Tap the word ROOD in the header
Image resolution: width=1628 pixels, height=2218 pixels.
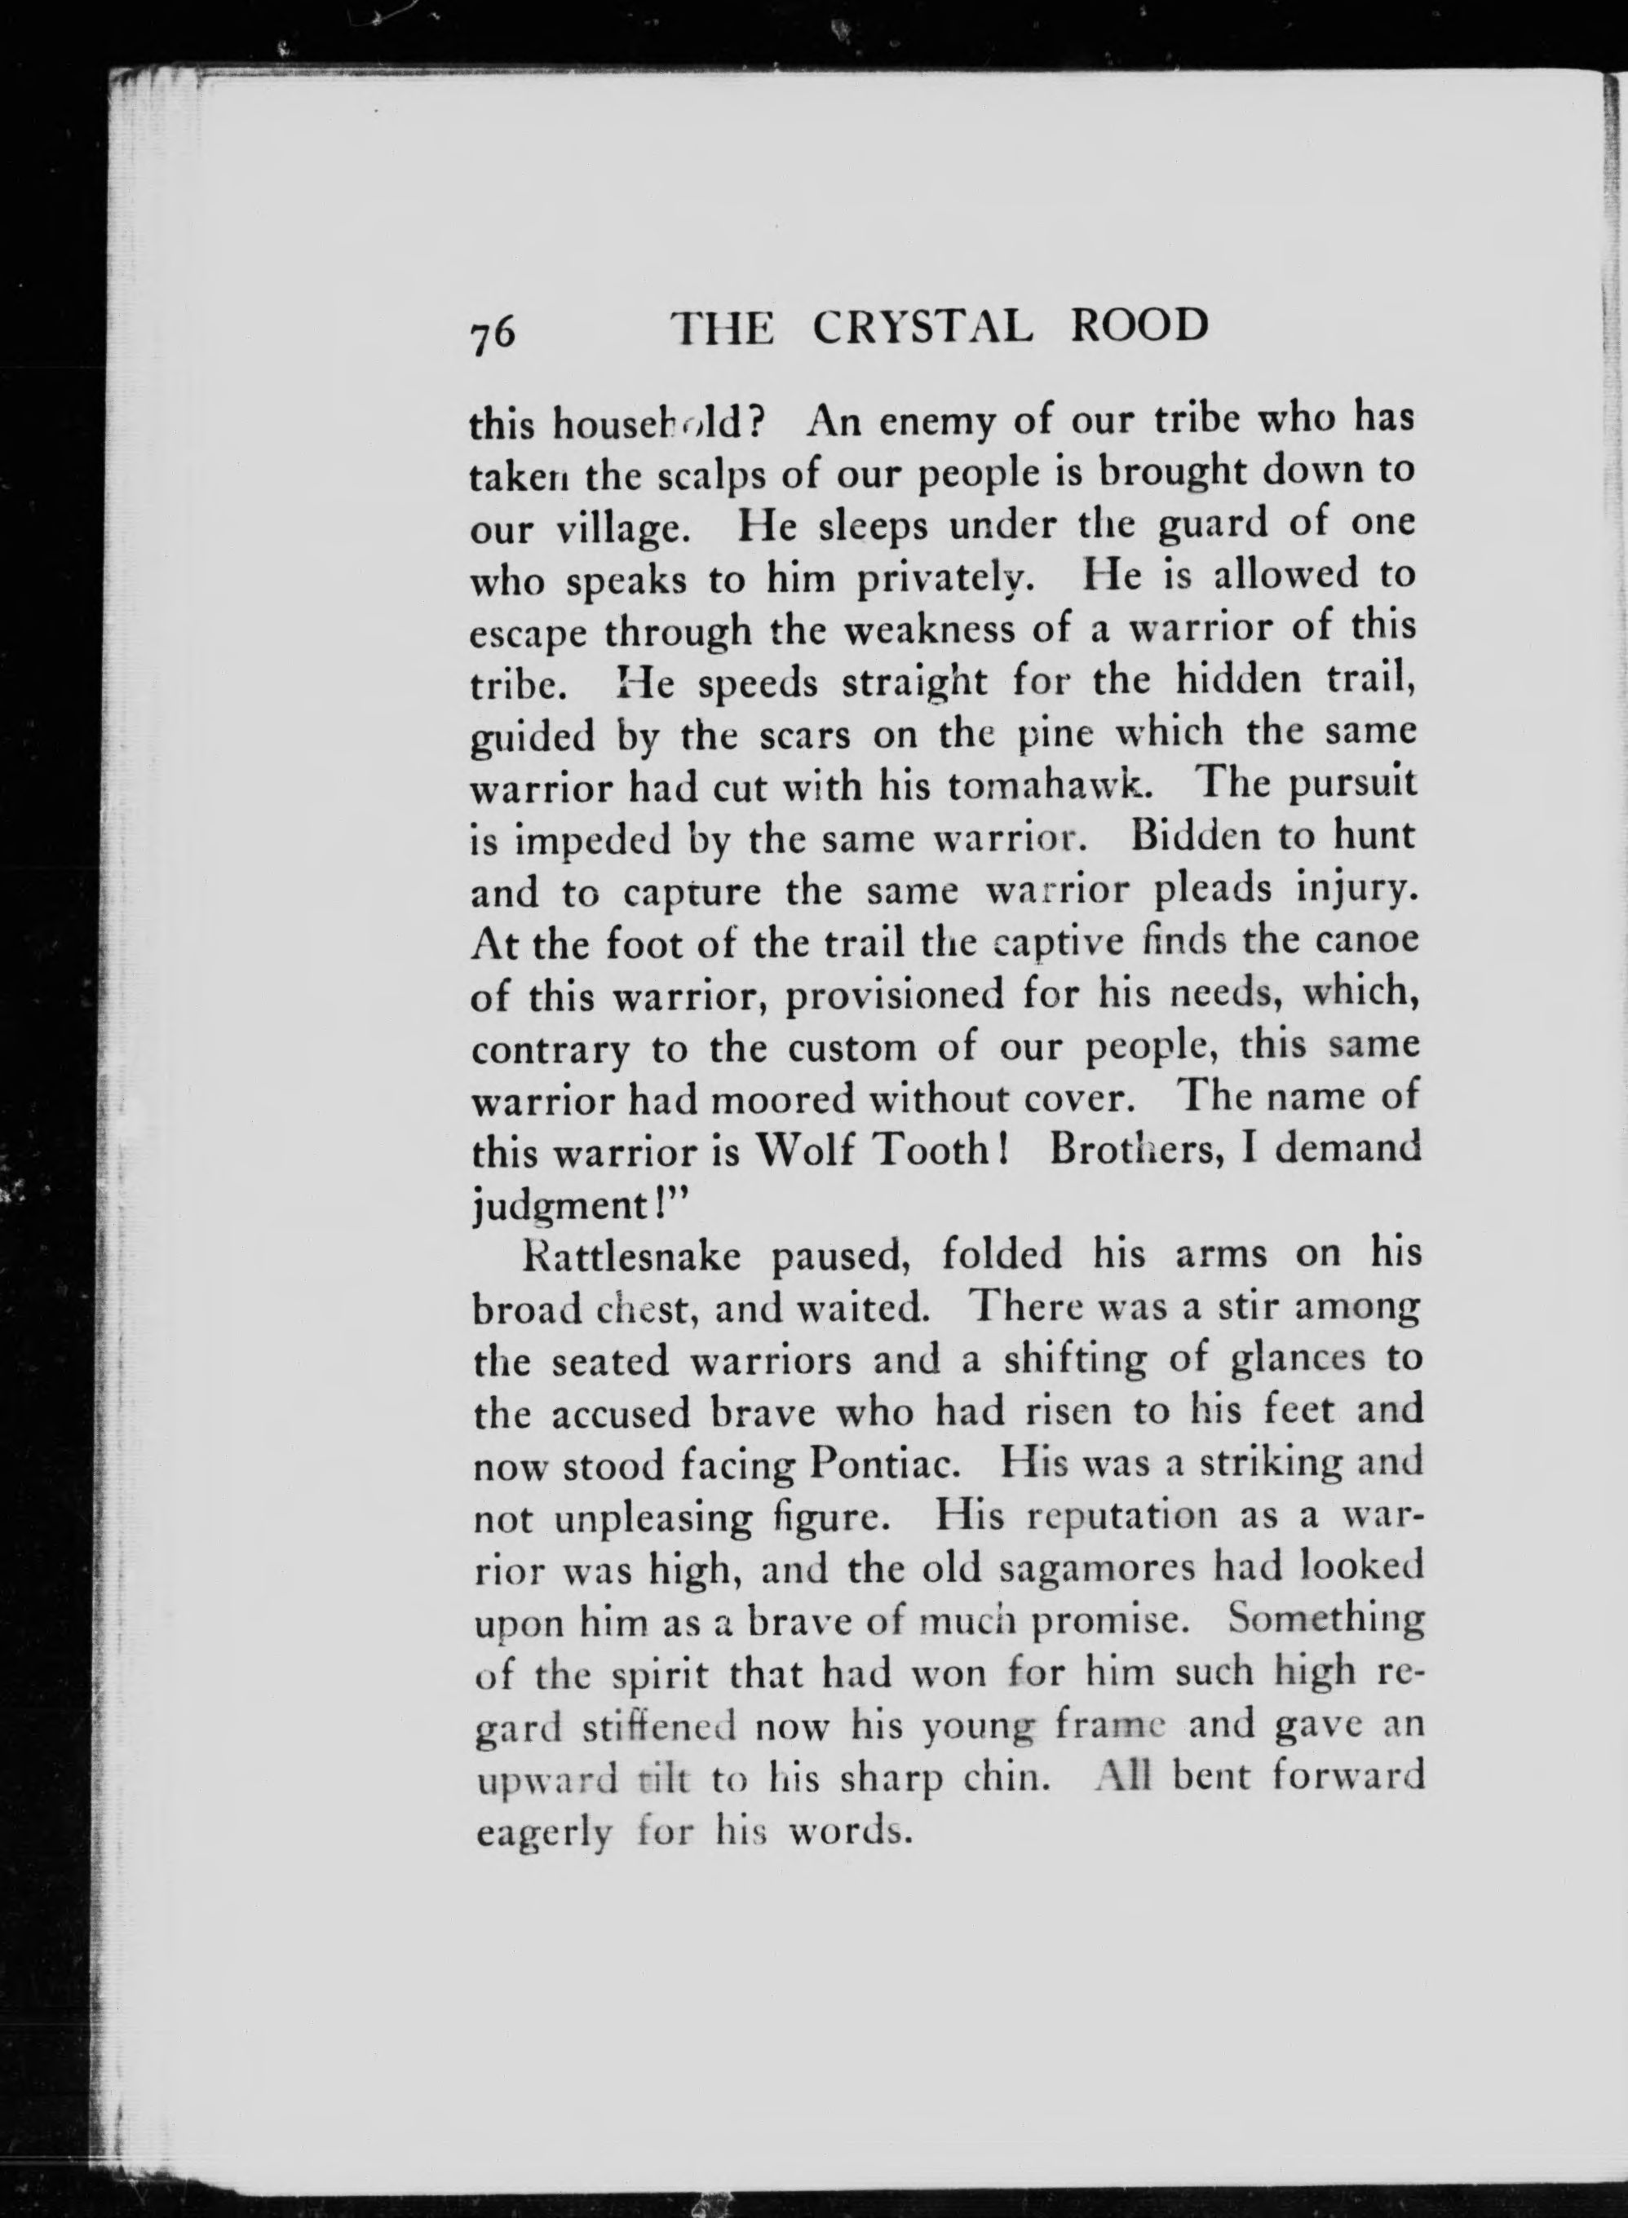click(1139, 325)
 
